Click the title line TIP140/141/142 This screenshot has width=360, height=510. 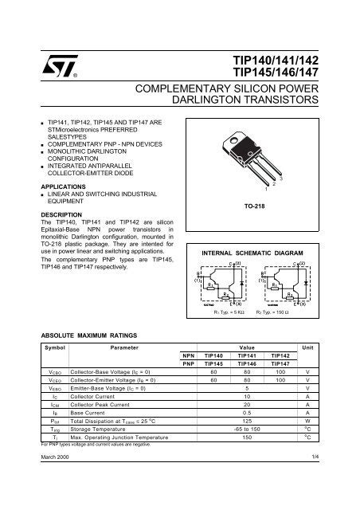[275, 61]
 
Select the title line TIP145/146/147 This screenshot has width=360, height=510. [275, 74]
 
